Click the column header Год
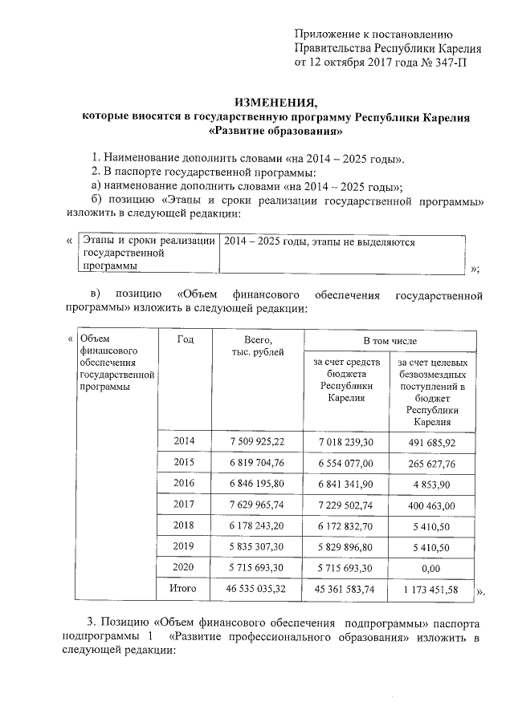(185, 339)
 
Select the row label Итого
(185, 588)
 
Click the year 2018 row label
(185, 525)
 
